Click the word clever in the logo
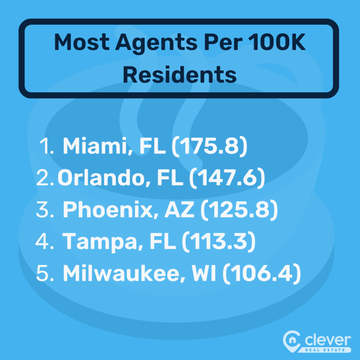pyautogui.click(x=328, y=340)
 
